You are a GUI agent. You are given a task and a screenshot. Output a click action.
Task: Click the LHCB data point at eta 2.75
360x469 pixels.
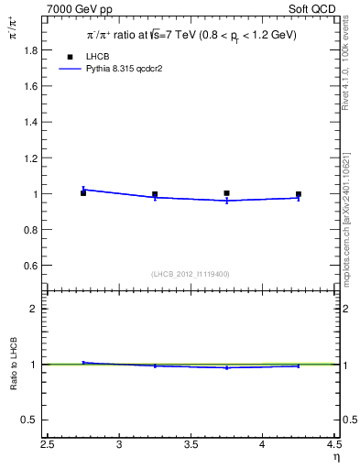coord(83,192)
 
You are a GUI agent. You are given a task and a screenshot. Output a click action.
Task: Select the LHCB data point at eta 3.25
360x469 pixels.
coord(155,194)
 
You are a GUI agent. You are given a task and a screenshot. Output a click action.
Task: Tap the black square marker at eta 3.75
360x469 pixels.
coord(226,193)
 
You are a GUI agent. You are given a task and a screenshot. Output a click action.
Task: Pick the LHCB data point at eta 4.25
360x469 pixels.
coord(299,194)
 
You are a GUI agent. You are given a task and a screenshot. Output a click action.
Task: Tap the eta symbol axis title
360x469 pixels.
coord(336,457)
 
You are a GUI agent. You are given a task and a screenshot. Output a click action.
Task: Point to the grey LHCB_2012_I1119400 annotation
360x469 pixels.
coord(190,274)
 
